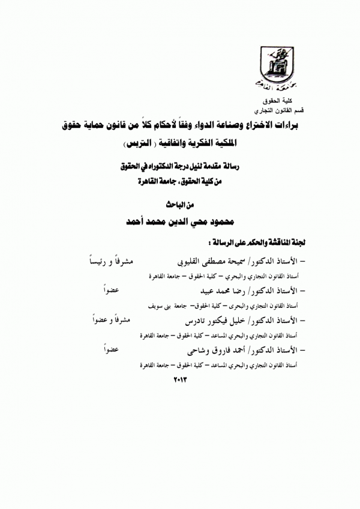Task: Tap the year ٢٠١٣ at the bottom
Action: pyautogui.click(x=180, y=379)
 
